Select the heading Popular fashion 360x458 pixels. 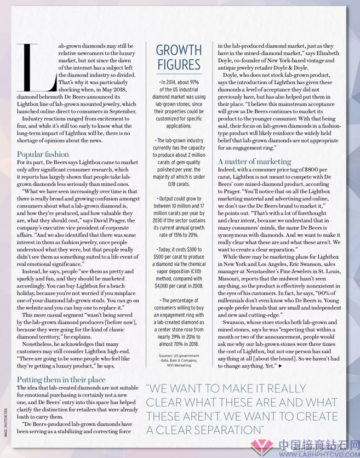point(43,154)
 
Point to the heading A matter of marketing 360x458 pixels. point(254,161)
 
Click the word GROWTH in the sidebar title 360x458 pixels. point(179,50)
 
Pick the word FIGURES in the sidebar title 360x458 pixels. point(179,65)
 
